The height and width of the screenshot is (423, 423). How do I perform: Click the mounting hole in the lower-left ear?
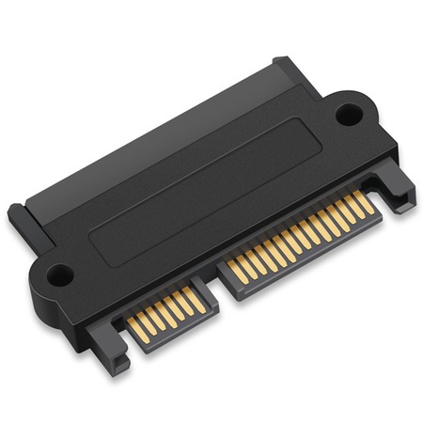tap(59, 276)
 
